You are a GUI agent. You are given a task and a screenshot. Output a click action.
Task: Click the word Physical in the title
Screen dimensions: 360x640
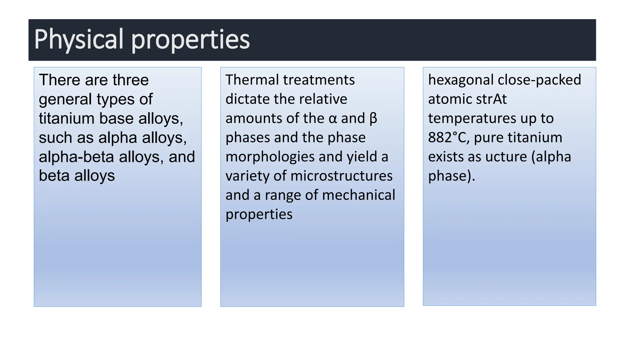(79, 39)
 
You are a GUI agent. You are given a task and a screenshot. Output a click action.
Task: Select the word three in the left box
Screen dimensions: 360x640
(131, 80)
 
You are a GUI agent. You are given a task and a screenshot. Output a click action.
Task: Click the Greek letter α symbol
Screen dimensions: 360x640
(333, 119)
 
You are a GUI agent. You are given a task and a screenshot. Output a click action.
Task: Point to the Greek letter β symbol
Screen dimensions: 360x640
(373, 119)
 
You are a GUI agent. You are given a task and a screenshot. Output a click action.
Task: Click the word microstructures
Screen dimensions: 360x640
(341, 176)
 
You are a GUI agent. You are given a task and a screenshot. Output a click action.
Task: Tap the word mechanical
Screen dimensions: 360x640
(358, 195)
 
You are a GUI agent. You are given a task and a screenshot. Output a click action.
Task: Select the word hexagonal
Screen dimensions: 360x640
(461, 80)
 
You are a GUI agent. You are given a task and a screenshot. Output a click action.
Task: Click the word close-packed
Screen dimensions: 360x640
(539, 80)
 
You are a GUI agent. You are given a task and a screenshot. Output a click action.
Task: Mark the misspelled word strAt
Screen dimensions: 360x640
(491, 99)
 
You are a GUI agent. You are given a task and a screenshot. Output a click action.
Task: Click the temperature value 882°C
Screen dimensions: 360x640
(448, 137)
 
